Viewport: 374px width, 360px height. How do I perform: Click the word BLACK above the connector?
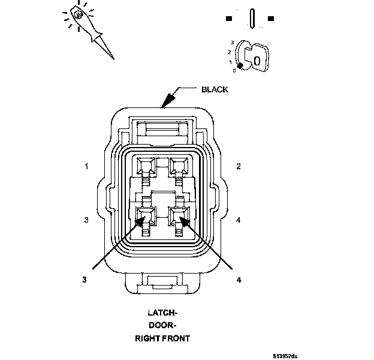[x=215, y=89]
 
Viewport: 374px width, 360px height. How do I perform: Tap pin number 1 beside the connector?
[x=87, y=166]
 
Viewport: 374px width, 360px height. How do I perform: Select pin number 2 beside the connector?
[x=239, y=166]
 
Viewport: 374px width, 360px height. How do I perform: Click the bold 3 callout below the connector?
[x=85, y=279]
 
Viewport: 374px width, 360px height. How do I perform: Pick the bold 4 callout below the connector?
[x=239, y=279]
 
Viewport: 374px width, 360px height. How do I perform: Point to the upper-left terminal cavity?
[x=144, y=164]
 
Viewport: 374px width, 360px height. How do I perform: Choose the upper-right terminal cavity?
[x=179, y=164]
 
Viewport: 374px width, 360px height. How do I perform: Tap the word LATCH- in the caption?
[x=162, y=313]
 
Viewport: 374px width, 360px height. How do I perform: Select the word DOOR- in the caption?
[x=162, y=326]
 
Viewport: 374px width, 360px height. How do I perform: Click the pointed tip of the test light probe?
[x=113, y=58]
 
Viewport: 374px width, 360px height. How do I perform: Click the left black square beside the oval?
[x=228, y=19]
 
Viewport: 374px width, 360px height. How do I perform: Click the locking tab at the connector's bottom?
[x=162, y=281]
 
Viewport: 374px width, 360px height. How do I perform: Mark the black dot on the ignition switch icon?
[x=241, y=66]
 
